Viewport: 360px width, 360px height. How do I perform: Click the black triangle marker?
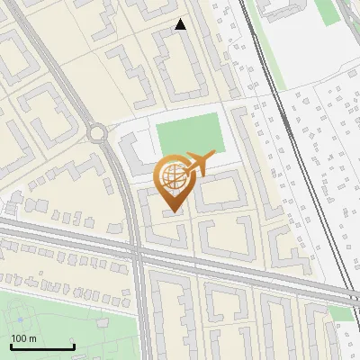pos(181,24)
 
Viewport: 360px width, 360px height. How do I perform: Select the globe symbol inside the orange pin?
pos(173,177)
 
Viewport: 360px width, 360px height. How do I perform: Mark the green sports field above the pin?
pos(190,134)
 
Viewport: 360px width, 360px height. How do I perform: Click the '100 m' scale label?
pos(23,338)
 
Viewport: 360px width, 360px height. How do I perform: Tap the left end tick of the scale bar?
pos(11,346)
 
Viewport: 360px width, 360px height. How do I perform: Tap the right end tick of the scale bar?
pos(74,346)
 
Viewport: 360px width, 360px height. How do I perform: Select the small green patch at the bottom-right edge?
pos(340,312)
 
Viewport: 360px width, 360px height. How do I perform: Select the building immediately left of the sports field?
pos(130,153)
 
